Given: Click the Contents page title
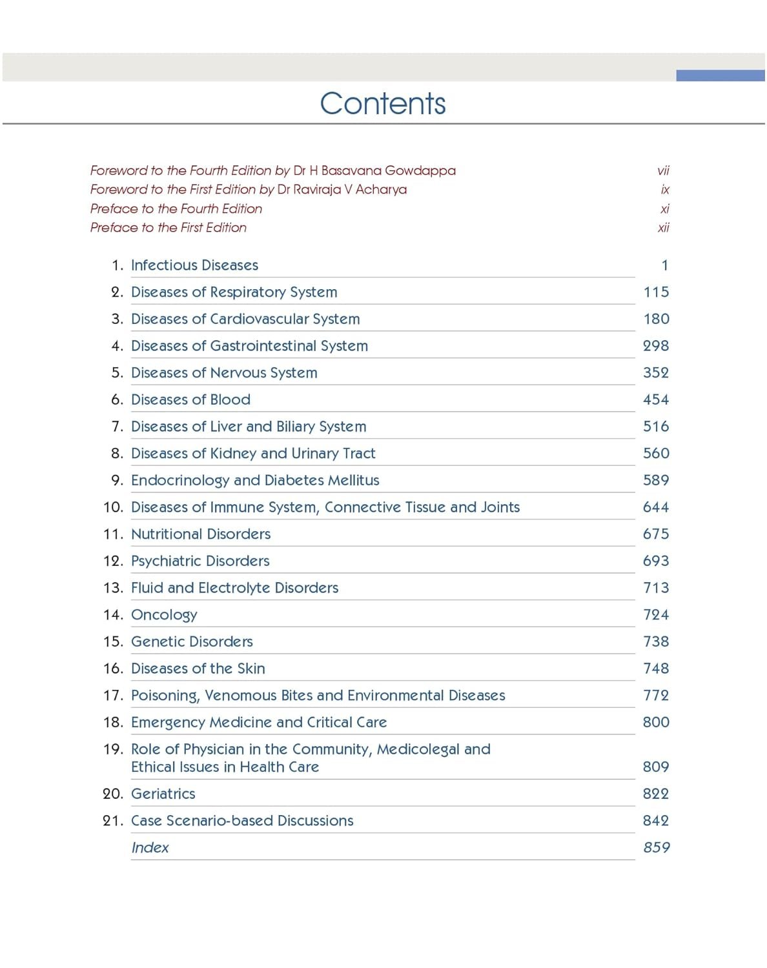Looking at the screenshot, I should coord(383,103).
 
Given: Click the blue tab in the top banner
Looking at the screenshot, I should coord(720,76).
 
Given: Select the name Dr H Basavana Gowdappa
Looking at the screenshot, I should coord(374,170).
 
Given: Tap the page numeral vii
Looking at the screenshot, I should coord(663,170).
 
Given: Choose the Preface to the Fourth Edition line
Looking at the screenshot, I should coord(176,208).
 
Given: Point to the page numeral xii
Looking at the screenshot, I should coord(663,227).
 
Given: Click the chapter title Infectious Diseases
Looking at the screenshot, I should coord(194,265).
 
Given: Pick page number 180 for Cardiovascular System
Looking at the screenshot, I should coord(656,319).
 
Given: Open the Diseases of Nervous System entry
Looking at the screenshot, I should coord(224,373).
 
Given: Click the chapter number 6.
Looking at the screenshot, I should coord(116,399).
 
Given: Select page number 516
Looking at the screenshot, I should coord(656,427).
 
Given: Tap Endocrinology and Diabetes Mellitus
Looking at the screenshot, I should coord(255,480).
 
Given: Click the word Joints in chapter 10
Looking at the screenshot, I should coord(500,507).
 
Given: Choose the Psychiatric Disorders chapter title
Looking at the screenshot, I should coord(200,561).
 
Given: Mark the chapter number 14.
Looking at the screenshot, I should coord(112,615).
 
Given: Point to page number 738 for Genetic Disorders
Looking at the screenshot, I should coord(656,641).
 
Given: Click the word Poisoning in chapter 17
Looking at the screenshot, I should coord(165,696).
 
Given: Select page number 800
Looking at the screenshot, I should coord(656,722).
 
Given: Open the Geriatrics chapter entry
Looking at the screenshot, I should coord(163,794).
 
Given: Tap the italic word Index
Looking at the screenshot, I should coord(150,848).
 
